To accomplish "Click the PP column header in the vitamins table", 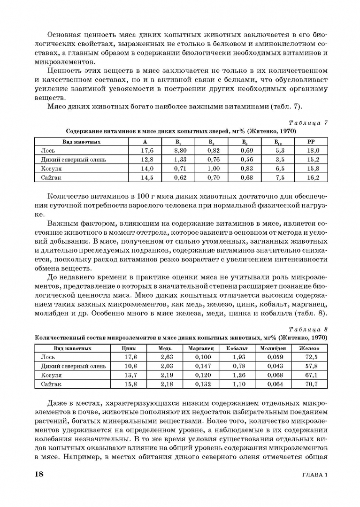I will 311,141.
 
